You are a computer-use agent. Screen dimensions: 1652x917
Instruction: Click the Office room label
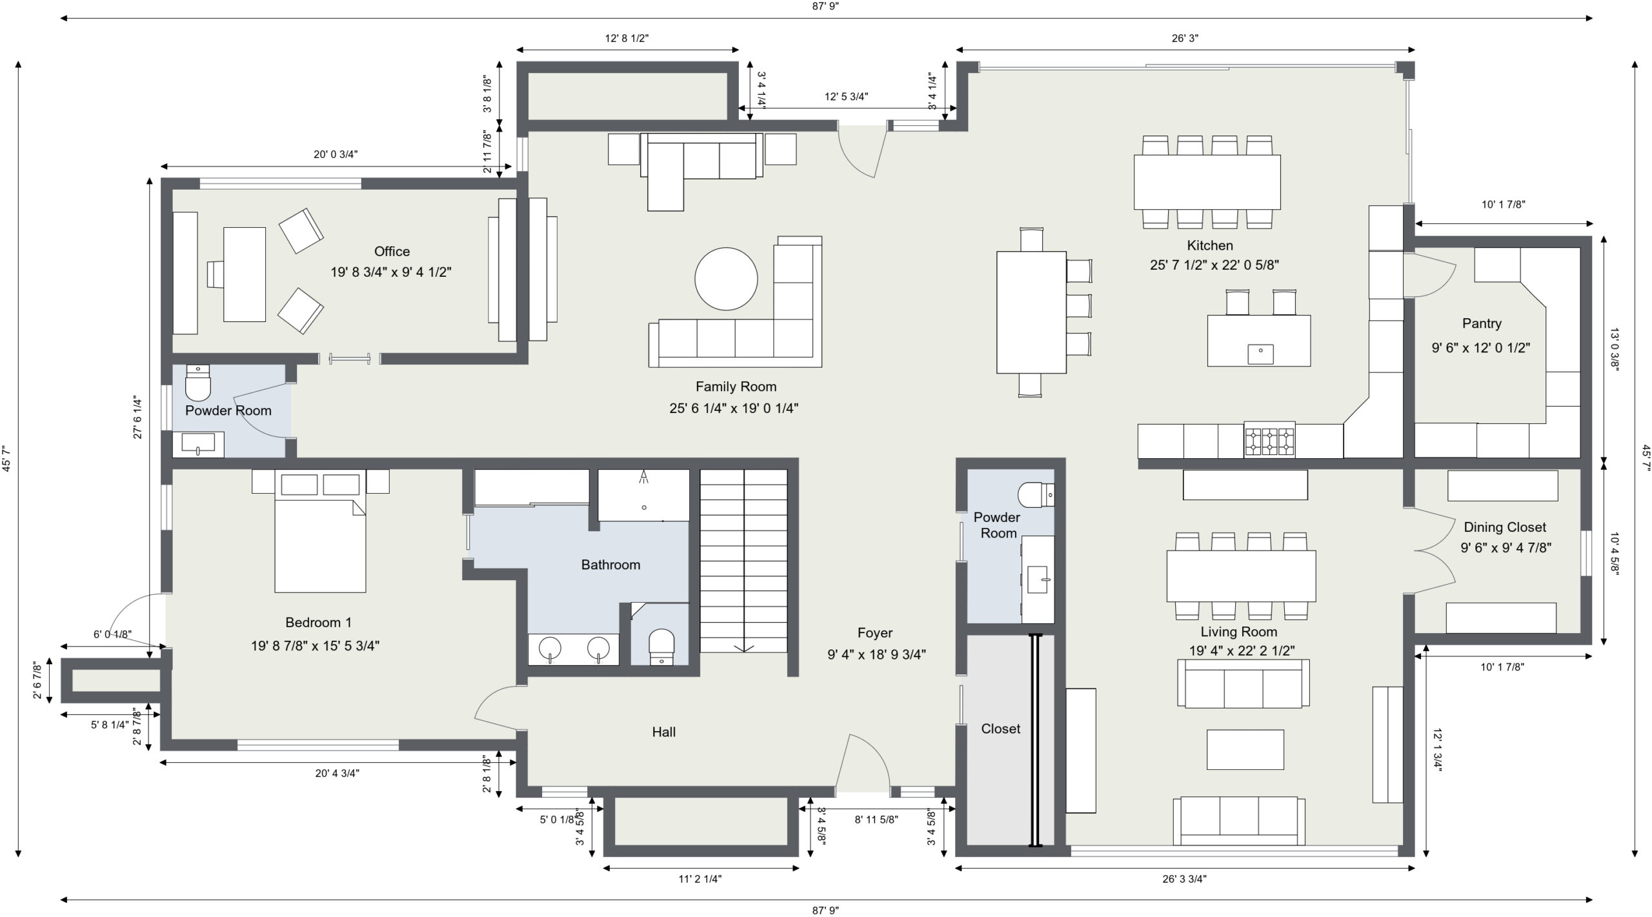392,252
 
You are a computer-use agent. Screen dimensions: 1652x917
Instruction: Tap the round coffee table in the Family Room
726,279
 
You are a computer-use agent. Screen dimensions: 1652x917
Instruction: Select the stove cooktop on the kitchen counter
1269,441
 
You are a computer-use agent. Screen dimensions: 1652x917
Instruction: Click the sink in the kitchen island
1260,354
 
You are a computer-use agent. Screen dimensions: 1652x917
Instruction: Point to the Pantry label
1482,323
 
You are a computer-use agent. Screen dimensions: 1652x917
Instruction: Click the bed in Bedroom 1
320,531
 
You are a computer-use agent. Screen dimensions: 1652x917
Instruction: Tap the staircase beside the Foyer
744,561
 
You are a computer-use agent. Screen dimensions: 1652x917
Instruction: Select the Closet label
1000,729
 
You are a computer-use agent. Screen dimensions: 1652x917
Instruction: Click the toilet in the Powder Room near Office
198,383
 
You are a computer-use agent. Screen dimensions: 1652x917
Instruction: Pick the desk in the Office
245,274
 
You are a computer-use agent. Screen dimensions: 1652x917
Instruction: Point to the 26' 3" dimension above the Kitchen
1185,38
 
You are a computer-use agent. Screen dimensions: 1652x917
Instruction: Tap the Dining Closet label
1505,527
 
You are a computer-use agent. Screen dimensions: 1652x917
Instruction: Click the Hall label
663,732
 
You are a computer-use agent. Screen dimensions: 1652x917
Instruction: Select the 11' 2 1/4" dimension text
700,879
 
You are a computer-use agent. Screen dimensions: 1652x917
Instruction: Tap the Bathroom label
610,565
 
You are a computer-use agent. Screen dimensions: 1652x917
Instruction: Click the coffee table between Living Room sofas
1245,749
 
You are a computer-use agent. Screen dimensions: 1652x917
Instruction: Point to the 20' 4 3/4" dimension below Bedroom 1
337,773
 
